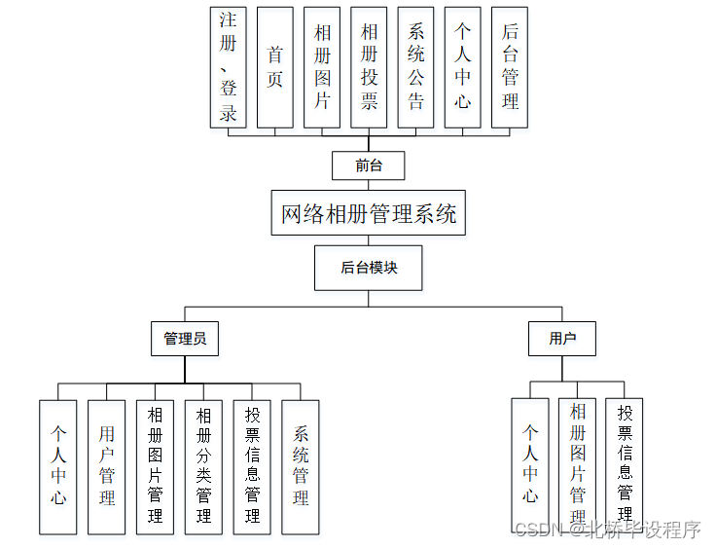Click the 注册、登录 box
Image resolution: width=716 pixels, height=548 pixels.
pos(229,67)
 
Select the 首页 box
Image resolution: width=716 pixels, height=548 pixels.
pos(275,67)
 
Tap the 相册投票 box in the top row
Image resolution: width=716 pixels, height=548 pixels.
pos(369,67)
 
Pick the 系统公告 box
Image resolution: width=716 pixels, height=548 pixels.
pos(415,67)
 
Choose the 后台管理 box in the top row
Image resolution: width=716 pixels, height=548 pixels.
pos(510,67)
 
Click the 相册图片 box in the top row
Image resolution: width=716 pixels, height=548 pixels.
pos(322,67)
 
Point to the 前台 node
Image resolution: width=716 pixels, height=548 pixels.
pos(369,165)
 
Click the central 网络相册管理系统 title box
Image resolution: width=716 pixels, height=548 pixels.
pos(369,213)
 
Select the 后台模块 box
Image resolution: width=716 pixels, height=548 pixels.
pos(369,268)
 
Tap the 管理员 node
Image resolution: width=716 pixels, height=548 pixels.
pos(185,339)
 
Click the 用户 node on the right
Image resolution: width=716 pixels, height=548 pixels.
pos(562,339)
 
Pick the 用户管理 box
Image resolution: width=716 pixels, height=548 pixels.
pos(107,467)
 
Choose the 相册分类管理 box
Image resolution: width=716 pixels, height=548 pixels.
pos(203,467)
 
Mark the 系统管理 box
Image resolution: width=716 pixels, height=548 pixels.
pos(301,467)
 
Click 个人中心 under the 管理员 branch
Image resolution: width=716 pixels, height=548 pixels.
pos(58,467)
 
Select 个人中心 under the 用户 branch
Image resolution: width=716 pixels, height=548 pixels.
pos(530,463)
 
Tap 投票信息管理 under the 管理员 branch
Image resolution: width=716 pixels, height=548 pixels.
pos(252,467)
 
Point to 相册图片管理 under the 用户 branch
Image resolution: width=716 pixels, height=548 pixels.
pos(578,463)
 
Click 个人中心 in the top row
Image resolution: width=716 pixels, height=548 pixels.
pos(463,67)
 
